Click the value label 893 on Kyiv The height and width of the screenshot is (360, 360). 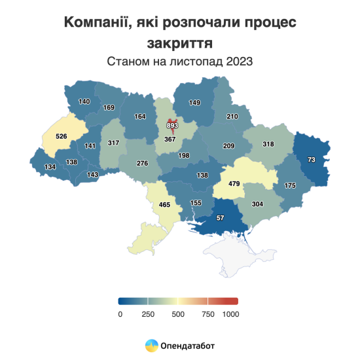point(172,125)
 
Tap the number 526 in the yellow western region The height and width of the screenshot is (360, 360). point(62,136)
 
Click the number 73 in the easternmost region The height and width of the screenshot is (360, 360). point(311,160)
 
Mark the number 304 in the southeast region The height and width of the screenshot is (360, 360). point(257,204)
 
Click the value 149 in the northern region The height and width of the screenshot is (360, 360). point(194,103)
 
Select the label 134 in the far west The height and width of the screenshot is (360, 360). point(50,167)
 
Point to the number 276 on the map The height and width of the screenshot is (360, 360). point(142,163)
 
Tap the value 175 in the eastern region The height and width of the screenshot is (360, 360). point(289,186)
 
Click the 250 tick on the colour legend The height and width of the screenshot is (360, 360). point(148,314)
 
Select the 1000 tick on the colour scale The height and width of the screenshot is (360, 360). point(230,314)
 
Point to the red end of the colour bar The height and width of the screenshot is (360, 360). point(234,301)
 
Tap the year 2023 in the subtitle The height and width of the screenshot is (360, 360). point(240,62)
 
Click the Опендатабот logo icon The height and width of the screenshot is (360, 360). point(151,345)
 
